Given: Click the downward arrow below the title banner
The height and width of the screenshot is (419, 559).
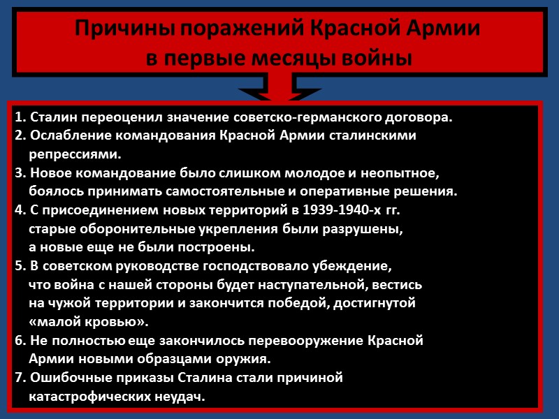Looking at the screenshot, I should click(x=279, y=90).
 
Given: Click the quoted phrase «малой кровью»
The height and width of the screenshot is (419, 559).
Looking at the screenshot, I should click(x=89, y=322).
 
